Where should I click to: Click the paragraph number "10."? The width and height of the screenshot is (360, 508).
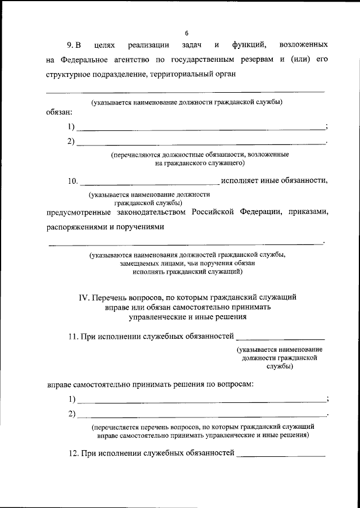73,181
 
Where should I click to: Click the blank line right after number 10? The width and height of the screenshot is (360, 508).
150,183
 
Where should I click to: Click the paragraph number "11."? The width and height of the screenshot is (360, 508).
73,337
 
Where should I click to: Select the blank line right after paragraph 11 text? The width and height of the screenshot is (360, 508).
281,339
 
